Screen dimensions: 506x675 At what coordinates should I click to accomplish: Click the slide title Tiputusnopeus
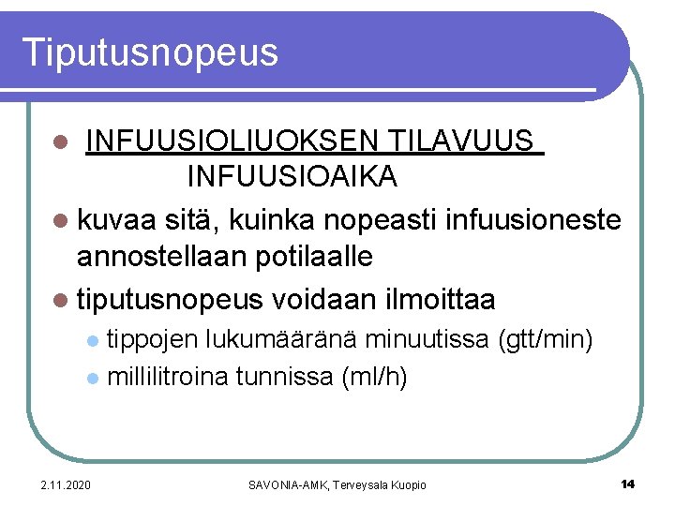click(151, 52)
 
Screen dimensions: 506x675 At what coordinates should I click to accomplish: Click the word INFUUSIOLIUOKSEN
click(231, 142)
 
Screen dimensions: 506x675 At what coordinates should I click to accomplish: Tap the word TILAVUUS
click(461, 142)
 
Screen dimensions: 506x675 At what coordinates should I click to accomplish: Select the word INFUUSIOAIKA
click(292, 175)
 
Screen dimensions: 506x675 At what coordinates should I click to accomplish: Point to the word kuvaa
click(116, 221)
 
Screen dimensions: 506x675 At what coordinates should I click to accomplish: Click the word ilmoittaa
click(441, 300)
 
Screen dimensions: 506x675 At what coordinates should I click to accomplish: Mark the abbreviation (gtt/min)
click(547, 339)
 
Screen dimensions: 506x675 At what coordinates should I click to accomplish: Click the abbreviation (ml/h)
click(374, 377)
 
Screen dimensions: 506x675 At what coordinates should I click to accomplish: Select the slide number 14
click(627, 484)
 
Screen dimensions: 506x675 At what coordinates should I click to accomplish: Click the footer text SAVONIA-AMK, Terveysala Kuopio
click(337, 484)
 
